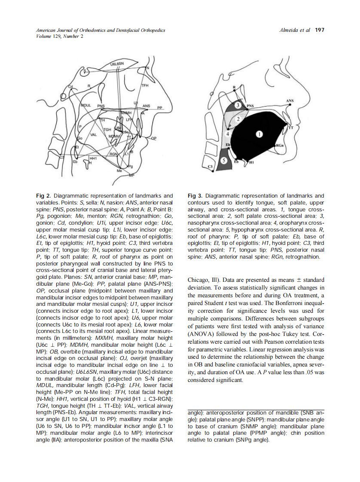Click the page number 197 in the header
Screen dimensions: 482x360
pos(320,30)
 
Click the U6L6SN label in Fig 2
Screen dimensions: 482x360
pos(116,64)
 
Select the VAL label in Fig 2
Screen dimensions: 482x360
pos(93,135)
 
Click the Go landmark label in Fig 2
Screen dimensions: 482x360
pos(79,138)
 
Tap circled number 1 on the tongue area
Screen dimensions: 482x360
pos(259,134)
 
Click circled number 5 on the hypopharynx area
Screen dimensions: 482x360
pos(224,160)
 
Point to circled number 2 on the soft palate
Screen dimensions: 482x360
pos(238,118)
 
